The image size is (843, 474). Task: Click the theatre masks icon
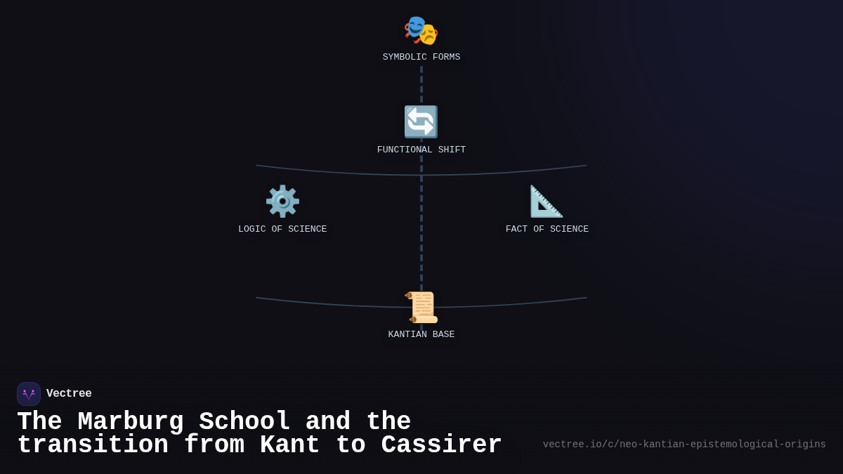(x=421, y=30)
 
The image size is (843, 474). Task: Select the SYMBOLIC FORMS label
(x=421, y=58)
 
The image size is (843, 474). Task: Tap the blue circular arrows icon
(x=421, y=122)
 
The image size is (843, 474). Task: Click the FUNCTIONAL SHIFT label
(x=421, y=150)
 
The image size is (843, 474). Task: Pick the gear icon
(x=282, y=202)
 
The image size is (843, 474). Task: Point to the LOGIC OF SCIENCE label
(x=282, y=230)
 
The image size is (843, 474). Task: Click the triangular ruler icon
(x=547, y=202)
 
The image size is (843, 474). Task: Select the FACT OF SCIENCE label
(x=547, y=230)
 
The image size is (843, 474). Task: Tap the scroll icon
(x=421, y=308)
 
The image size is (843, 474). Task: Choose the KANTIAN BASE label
(x=421, y=335)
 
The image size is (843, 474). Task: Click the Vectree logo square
(x=29, y=394)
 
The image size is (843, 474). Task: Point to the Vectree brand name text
(x=69, y=394)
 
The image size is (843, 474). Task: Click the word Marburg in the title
(x=131, y=422)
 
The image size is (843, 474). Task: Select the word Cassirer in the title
(x=442, y=445)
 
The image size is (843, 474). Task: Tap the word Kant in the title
(x=289, y=445)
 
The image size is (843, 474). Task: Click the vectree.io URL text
(x=684, y=445)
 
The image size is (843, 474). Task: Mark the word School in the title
(x=244, y=422)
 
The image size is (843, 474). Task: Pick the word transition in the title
(x=93, y=445)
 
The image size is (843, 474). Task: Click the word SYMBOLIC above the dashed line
(x=405, y=58)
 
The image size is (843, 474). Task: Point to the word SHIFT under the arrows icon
(x=449, y=150)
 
